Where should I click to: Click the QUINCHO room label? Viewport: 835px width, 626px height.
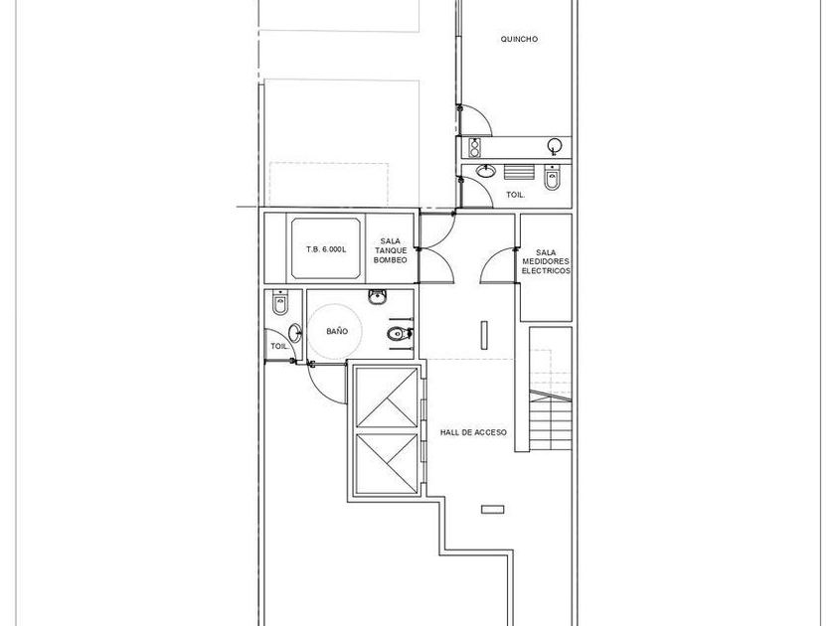[x=519, y=39]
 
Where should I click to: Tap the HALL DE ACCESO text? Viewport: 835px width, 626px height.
[x=473, y=433]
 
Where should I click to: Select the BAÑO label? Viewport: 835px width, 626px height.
[x=337, y=331]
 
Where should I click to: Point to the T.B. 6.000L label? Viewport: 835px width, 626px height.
[x=326, y=249]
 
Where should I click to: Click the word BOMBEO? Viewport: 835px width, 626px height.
[x=391, y=260]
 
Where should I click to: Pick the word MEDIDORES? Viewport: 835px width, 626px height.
[x=546, y=261]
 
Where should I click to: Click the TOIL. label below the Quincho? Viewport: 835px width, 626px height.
[x=516, y=195]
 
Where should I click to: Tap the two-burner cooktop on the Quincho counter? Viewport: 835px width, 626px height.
[x=474, y=147]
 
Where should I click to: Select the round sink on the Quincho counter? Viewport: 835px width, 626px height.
[x=555, y=145]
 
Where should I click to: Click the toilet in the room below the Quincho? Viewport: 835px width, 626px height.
[x=552, y=178]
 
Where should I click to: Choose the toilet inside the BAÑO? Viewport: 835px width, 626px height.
[x=399, y=334]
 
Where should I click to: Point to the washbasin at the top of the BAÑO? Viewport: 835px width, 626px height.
[x=378, y=297]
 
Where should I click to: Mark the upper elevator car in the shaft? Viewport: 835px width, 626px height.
[x=387, y=397]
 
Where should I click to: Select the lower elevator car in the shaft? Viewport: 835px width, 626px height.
[x=387, y=464]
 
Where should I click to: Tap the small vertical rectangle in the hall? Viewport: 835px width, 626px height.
[x=484, y=336]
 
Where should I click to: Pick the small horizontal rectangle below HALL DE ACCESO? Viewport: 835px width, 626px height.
[x=493, y=510]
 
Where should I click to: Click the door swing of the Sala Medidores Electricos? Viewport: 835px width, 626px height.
[x=497, y=264]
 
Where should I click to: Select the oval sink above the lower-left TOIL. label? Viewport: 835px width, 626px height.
[x=294, y=333]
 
